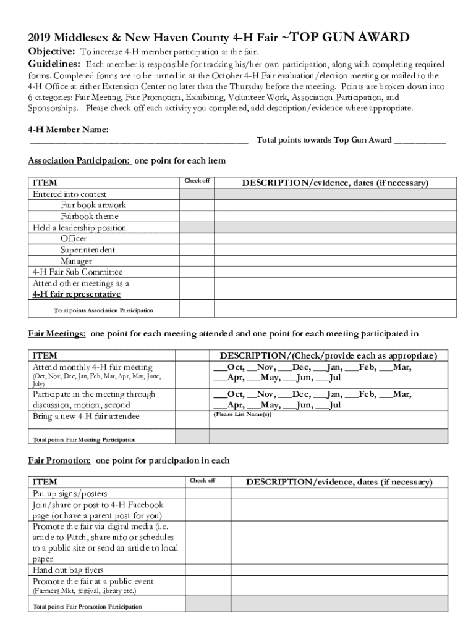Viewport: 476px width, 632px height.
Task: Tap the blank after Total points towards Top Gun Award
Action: pos(420,141)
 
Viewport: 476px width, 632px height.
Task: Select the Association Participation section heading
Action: pos(79,161)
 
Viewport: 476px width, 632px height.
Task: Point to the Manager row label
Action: pos(76,261)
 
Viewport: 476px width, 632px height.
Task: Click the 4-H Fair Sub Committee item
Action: pos(77,272)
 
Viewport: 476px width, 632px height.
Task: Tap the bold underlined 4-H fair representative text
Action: pos(77,294)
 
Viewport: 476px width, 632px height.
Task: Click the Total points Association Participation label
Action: pos(103,310)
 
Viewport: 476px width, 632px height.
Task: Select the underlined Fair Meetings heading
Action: pos(57,334)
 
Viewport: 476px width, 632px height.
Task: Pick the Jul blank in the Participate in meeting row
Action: pos(327,405)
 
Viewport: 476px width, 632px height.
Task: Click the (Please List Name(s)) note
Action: pos(242,414)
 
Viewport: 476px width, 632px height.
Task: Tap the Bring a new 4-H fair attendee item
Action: pos(86,417)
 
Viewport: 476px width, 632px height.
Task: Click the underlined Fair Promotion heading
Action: pos(59,460)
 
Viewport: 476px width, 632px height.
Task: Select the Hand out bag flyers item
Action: pos(68,570)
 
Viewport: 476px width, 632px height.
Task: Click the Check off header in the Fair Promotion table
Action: pos(202,481)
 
